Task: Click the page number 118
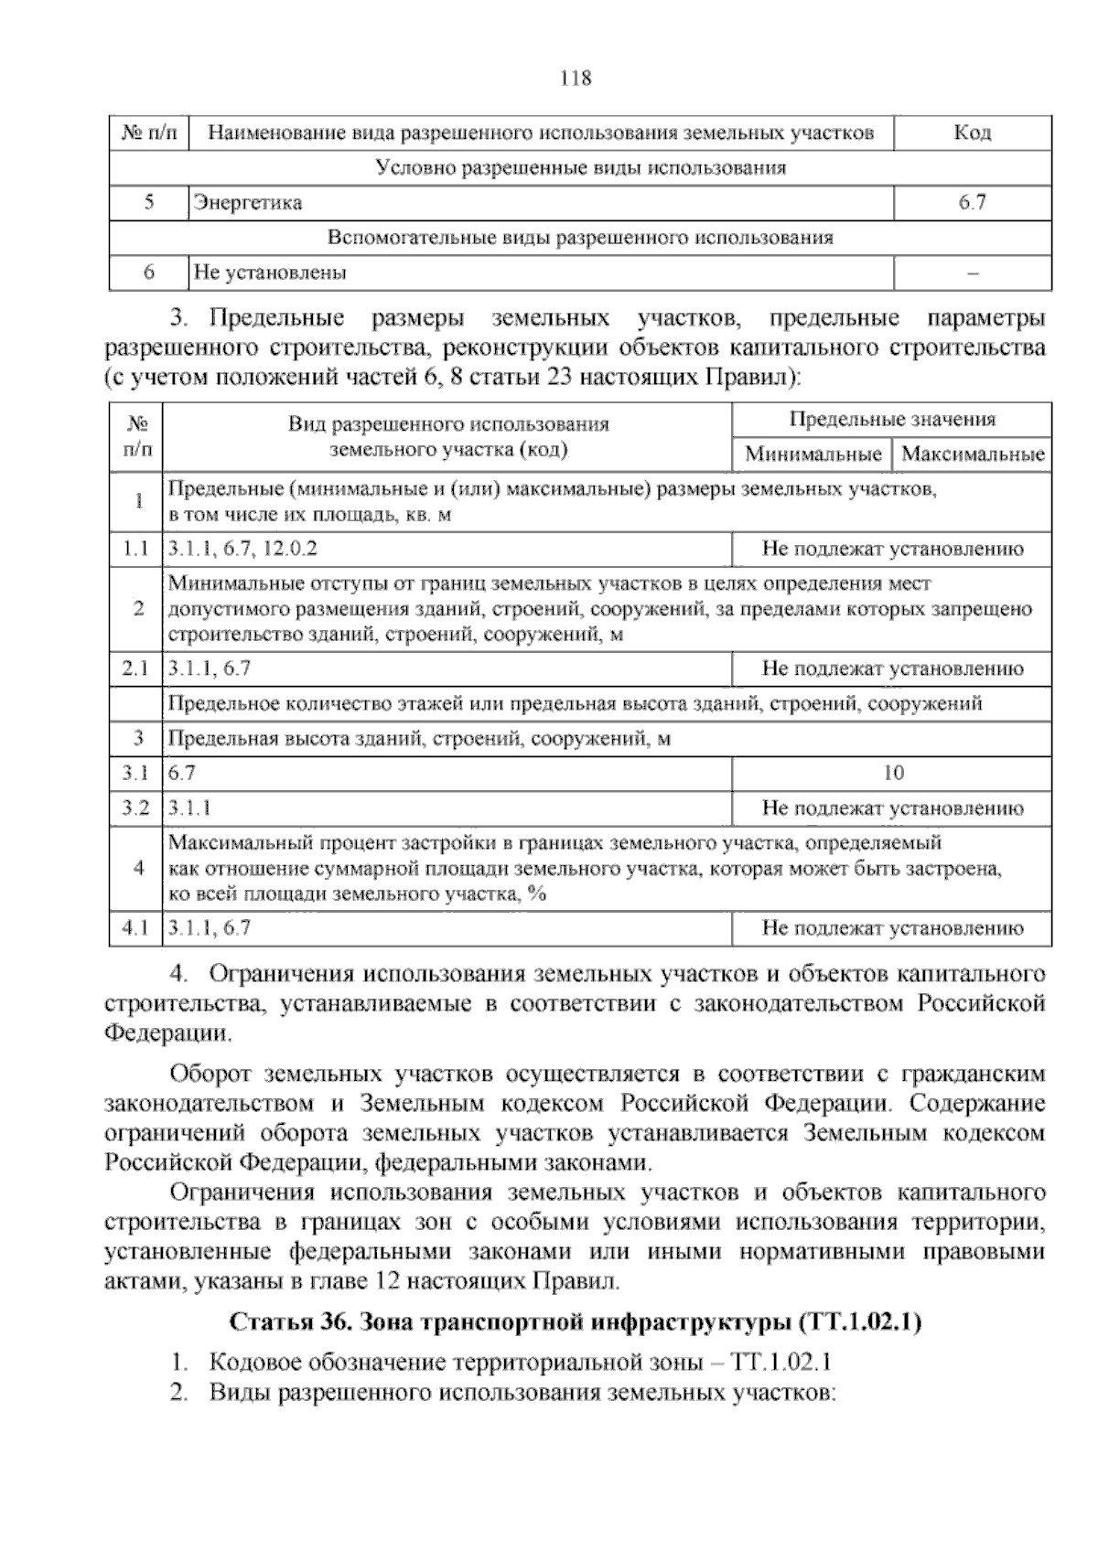576,79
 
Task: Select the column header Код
972,134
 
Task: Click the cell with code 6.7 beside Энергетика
972,203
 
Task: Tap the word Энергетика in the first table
247,203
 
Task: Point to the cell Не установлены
270,273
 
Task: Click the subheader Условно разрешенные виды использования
580,168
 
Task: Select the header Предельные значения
891,420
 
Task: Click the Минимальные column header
813,455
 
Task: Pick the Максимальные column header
973,455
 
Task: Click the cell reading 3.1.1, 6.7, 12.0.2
243,550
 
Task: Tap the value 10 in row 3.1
893,774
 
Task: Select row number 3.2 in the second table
135,808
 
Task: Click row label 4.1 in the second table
135,928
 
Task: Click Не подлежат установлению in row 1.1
892,550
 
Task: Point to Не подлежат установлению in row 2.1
892,669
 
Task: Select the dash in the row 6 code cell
973,273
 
